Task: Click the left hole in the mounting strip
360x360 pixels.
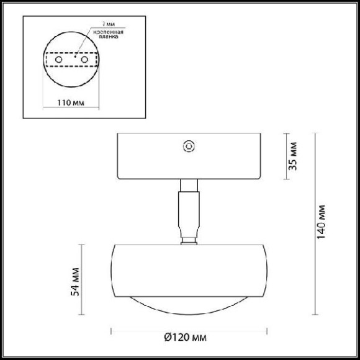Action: pos(58,60)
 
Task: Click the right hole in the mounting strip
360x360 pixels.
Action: pos(84,60)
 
